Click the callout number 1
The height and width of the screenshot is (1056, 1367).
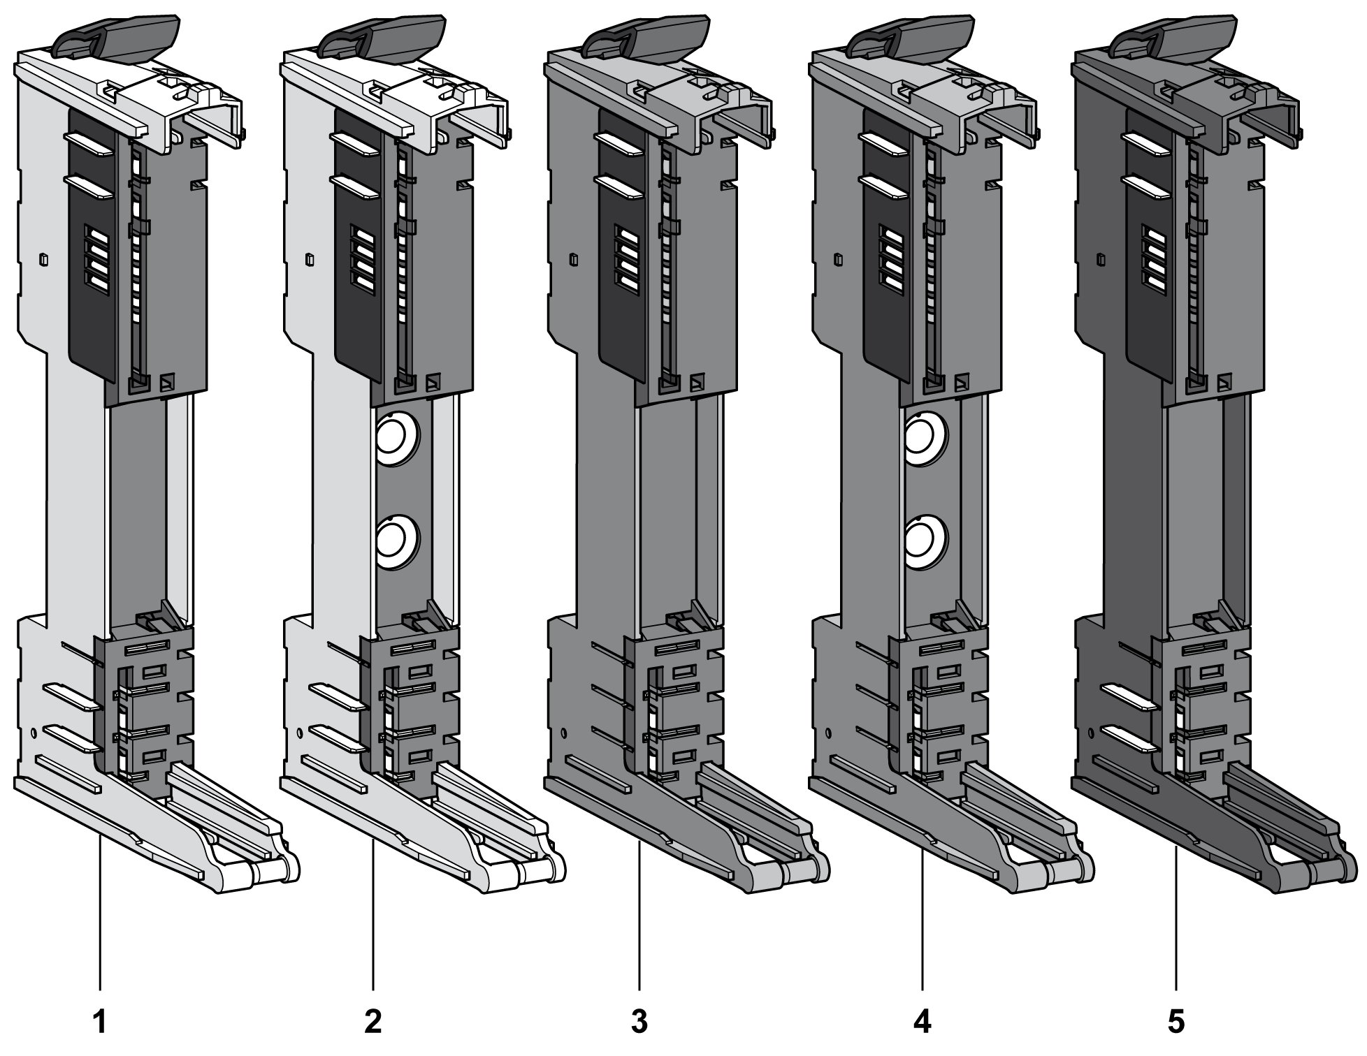[100, 1022]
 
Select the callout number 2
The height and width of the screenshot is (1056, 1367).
[373, 1022]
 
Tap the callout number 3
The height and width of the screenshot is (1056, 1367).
[639, 1022]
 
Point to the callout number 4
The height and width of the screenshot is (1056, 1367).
[923, 1022]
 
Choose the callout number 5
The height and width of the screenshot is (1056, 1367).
[1176, 1022]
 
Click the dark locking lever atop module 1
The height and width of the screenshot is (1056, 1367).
[120, 36]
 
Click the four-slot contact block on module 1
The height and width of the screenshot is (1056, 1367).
[96, 259]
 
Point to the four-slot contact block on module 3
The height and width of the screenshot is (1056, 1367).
[626, 259]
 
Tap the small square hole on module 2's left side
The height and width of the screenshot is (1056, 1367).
[310, 260]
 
